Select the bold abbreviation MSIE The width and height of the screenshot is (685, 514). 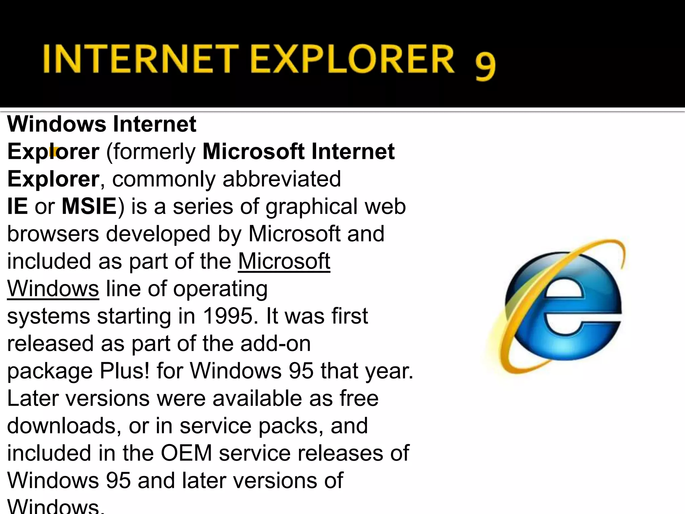[89, 206]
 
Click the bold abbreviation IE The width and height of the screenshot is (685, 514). [17, 206]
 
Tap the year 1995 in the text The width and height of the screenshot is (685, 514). [227, 316]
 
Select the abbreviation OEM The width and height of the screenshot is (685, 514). [186, 453]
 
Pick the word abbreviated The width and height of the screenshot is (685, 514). [282, 179]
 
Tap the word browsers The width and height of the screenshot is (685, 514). [53, 234]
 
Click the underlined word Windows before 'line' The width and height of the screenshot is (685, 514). [53, 288]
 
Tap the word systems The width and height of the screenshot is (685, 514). [48, 317]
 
